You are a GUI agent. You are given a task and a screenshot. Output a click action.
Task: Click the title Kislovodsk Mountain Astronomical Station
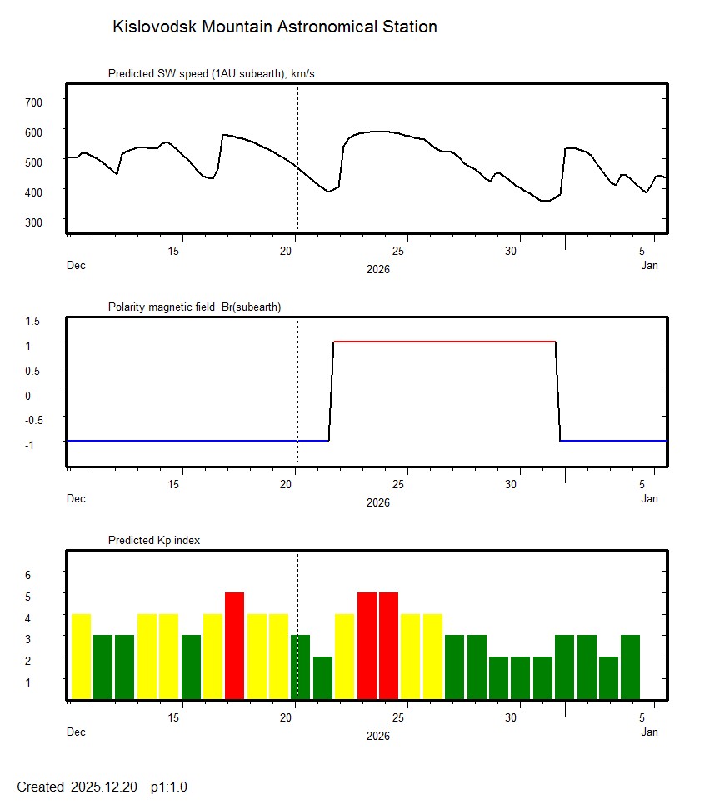[x=274, y=27]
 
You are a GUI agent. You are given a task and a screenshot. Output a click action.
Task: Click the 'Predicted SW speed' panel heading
[x=211, y=74]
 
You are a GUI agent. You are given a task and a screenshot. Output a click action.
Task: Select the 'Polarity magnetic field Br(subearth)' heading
[x=194, y=307]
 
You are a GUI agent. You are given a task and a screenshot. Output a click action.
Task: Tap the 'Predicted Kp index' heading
[x=154, y=541]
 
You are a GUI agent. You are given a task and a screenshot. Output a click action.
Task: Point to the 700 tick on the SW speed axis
[x=32, y=102]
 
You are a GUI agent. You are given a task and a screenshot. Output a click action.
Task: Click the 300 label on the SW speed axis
[x=32, y=222]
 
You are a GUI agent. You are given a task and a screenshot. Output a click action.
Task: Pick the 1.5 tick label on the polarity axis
[x=32, y=320]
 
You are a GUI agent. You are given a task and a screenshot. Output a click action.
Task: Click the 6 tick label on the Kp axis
[x=27, y=575]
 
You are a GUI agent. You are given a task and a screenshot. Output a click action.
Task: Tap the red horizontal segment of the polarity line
[x=444, y=342]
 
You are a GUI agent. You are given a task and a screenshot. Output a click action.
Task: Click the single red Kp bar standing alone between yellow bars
[x=235, y=645]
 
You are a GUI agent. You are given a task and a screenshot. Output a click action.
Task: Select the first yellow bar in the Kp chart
[x=81, y=656]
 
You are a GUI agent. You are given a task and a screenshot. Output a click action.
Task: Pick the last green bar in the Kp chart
[x=630, y=667]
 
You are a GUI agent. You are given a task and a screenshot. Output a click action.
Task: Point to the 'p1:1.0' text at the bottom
[x=168, y=787]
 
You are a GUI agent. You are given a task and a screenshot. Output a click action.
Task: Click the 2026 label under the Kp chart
[x=377, y=736]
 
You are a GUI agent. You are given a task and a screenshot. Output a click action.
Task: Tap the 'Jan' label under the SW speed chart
[x=650, y=266]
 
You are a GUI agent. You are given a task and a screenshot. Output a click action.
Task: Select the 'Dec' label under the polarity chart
[x=76, y=499]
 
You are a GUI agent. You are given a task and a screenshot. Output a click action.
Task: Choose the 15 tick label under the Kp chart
[x=175, y=717]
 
